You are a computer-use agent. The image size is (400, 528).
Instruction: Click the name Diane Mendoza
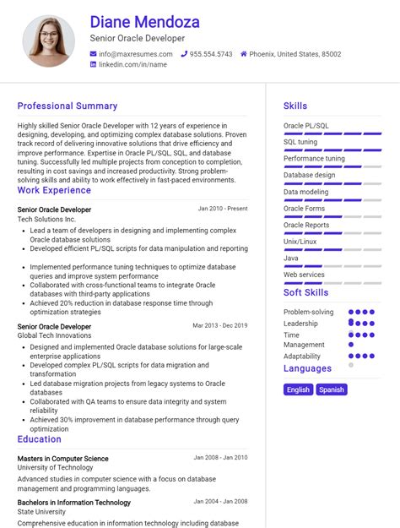click(144, 21)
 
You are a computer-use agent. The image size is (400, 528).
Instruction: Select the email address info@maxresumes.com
click(129, 54)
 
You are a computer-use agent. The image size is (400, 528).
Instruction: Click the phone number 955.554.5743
click(210, 54)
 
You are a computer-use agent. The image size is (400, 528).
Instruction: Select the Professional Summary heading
click(68, 106)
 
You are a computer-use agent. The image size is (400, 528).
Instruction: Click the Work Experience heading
click(54, 191)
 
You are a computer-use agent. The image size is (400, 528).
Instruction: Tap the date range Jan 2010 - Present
click(223, 208)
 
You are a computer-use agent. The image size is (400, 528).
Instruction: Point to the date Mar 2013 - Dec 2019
click(219, 325)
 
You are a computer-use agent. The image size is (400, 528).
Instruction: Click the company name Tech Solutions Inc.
click(46, 219)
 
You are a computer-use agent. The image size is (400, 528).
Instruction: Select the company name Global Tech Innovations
click(54, 335)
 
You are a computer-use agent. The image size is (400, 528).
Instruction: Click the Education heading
click(39, 439)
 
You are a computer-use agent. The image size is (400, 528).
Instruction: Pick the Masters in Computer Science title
click(62, 459)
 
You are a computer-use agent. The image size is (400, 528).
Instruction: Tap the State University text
click(41, 511)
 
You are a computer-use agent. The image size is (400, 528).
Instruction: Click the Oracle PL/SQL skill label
click(306, 126)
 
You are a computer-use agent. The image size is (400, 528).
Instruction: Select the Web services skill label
click(304, 275)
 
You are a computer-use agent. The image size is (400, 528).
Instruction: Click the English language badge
click(299, 389)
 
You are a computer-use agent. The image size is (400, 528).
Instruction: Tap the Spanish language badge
click(332, 389)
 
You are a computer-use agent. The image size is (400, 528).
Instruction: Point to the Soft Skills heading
click(305, 293)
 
